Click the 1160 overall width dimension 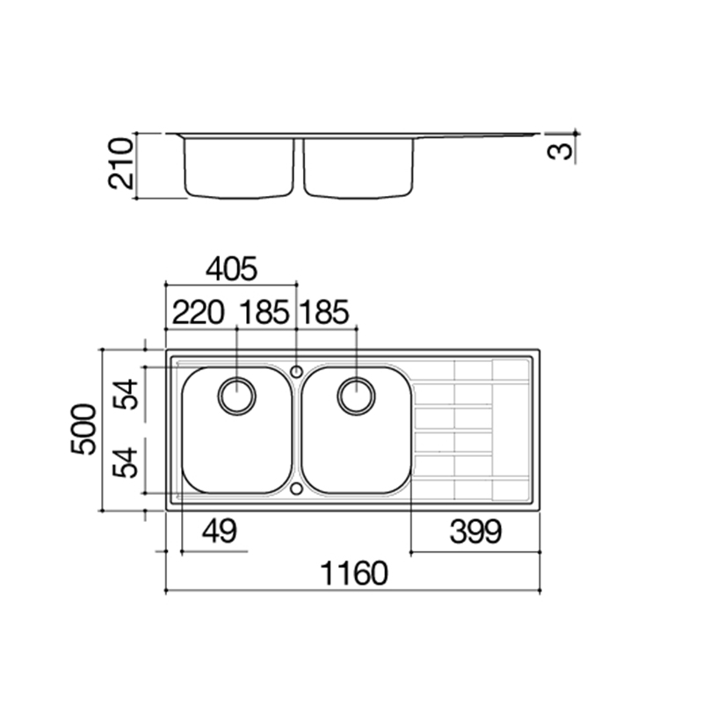[354, 574]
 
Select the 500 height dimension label [83, 430]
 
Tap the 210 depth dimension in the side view [121, 163]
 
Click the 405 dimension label [231, 269]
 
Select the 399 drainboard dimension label [475, 532]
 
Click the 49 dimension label [219, 531]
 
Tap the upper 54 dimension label [125, 394]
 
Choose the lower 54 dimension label [125, 463]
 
